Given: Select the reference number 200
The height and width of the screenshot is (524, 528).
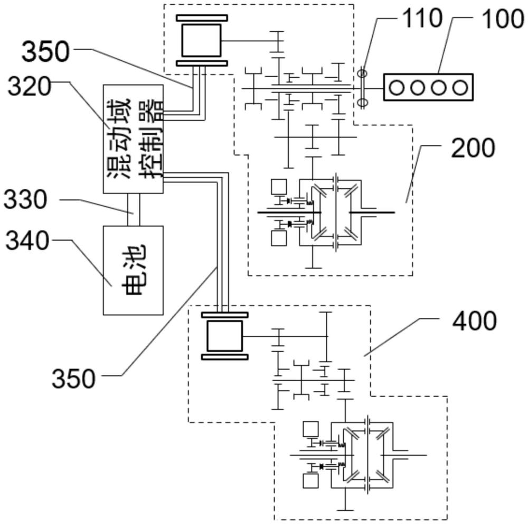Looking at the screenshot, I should coord(473,149).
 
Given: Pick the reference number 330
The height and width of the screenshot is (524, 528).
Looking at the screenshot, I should coord(26,200).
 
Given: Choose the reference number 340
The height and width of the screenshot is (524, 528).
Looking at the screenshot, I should coord(27,241).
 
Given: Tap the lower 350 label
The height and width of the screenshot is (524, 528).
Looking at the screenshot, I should coord(74,378).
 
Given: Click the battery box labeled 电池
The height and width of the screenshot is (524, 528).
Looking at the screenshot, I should coord(133,270).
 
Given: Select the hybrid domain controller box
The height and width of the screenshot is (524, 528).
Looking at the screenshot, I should coord(133,137).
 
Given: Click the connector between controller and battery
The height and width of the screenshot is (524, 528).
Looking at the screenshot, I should coord(133,209).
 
